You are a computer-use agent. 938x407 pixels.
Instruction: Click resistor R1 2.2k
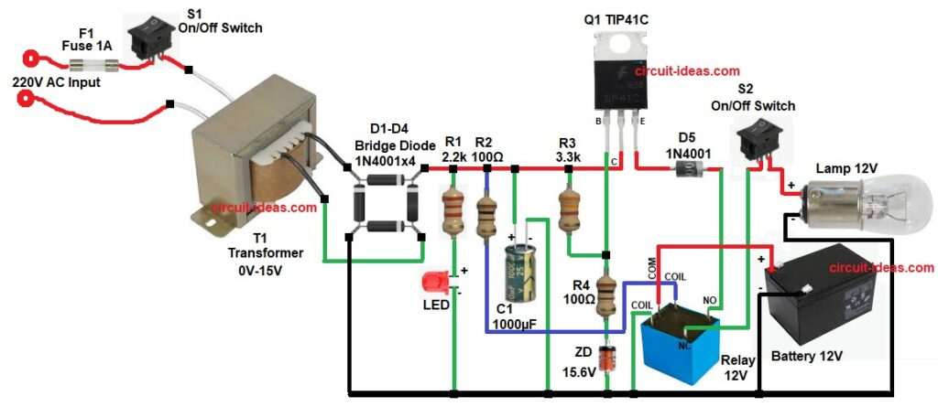coord(453,212)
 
